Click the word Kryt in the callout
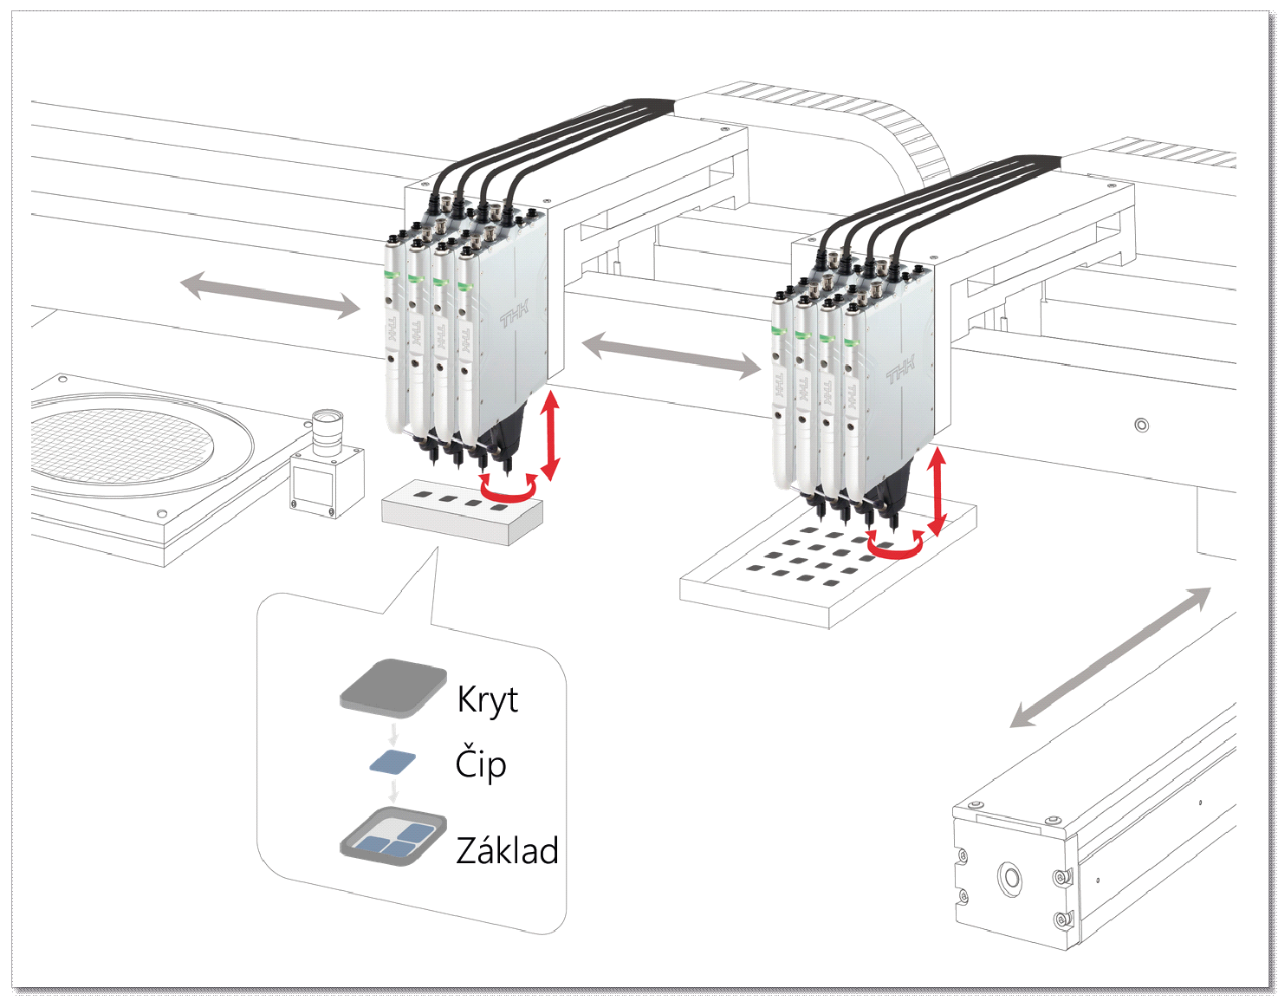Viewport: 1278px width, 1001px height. tap(487, 699)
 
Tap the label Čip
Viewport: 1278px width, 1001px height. tap(481, 764)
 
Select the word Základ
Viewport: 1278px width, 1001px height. tap(507, 850)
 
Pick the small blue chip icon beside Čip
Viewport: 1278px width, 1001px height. tap(392, 762)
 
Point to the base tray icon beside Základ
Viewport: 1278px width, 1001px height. tap(393, 837)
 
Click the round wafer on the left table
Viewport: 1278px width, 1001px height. tap(121, 445)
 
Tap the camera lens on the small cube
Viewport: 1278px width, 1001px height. tap(328, 431)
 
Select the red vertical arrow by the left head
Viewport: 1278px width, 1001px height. tap(550, 435)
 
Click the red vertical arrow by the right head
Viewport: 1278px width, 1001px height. tap(937, 492)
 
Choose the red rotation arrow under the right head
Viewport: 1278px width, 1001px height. tap(896, 546)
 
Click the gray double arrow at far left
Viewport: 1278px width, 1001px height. tap(269, 296)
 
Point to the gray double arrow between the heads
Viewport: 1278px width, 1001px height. tap(671, 357)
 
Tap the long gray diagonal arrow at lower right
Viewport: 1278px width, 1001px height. tap(1111, 657)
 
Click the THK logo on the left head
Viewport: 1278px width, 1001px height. tap(515, 314)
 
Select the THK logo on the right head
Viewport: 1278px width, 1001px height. tap(900, 370)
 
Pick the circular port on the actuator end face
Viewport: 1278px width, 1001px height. tap(1009, 879)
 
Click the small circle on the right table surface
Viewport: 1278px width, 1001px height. tap(1141, 425)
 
